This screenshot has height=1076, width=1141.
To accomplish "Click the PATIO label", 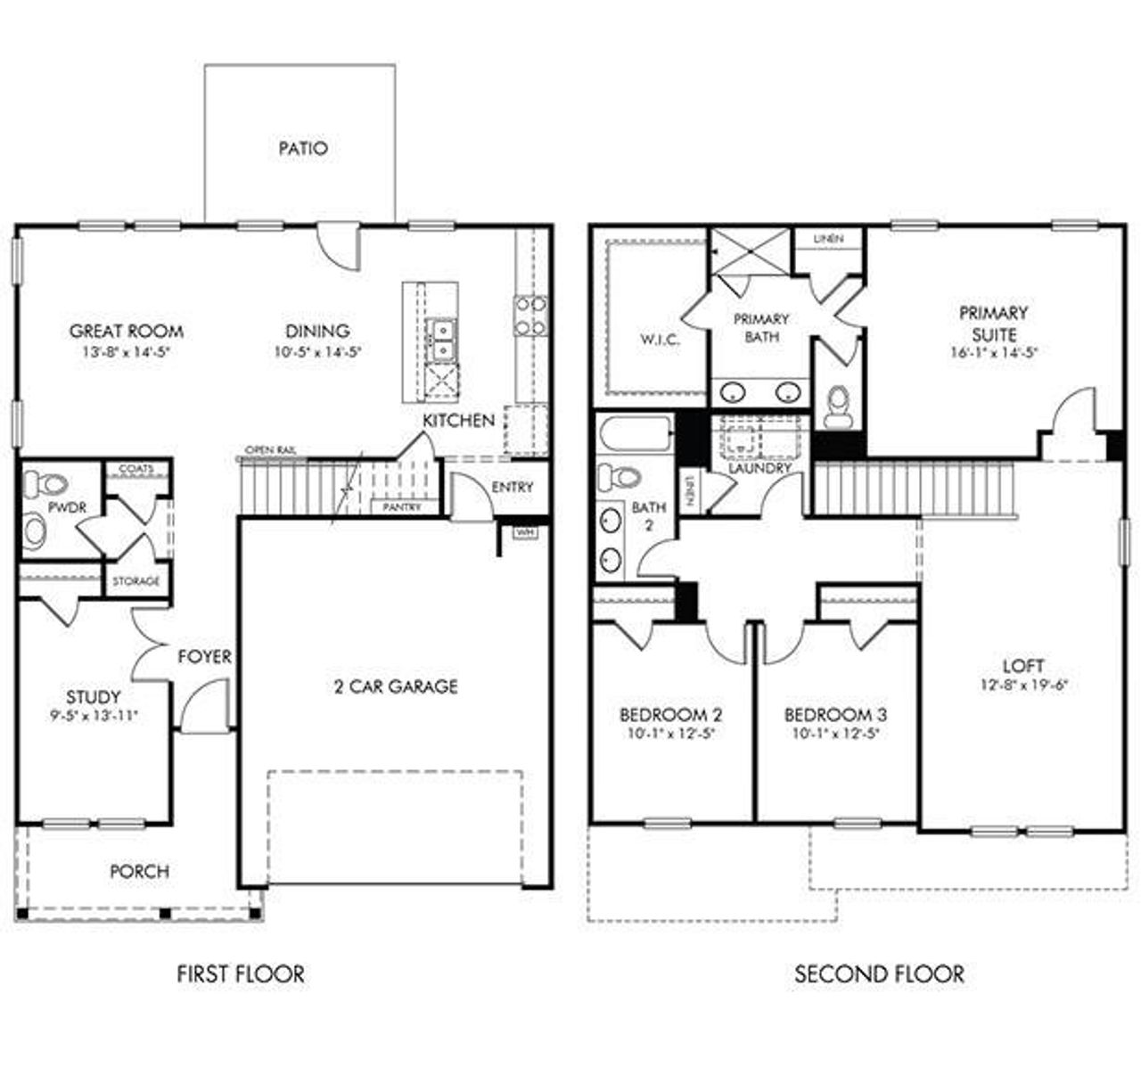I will (303, 148).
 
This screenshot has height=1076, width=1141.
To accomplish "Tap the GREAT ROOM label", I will (127, 331).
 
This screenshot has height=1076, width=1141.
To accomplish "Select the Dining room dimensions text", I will (317, 352).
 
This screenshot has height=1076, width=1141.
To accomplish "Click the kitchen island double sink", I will (441, 339).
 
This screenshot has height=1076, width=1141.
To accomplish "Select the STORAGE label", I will (136, 581).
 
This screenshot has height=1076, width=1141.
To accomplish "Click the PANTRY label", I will (396, 506).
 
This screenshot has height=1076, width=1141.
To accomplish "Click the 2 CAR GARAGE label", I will (396, 686).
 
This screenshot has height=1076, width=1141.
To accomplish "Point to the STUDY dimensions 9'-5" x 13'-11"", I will (94, 715).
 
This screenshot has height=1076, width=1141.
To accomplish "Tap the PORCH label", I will (139, 871).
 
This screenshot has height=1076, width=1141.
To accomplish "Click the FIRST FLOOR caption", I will (241, 973).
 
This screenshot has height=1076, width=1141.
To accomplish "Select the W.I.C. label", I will (660, 340).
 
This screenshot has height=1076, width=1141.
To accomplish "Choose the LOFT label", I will (1023, 666).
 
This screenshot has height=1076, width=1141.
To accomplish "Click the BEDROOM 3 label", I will (835, 714).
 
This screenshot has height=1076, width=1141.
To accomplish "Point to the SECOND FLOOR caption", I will (879, 973).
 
